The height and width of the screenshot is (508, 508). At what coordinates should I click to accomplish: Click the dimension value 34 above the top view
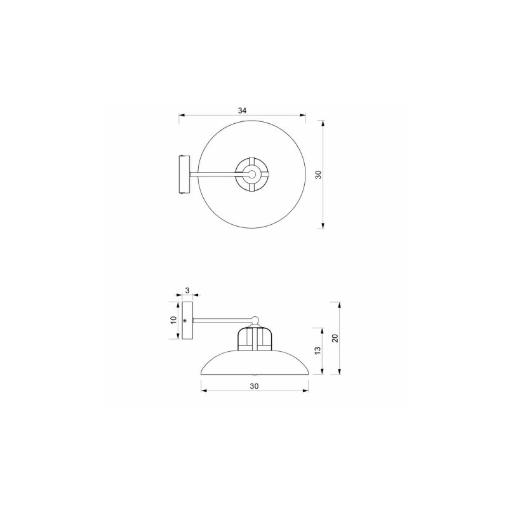[243, 110]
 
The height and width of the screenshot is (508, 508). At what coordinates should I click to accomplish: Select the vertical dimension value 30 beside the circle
[319, 175]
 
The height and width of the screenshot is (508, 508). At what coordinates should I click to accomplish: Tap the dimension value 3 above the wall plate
[187, 291]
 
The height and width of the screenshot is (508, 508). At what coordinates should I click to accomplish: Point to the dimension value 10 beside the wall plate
[173, 320]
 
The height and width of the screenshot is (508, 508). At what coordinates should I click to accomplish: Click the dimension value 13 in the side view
[318, 351]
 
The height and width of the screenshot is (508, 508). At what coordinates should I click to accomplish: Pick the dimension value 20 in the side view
[335, 338]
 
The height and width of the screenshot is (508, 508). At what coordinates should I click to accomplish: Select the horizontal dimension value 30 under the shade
[255, 386]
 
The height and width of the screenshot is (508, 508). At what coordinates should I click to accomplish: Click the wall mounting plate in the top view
[184, 175]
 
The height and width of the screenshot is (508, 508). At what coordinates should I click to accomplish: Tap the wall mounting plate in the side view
[187, 321]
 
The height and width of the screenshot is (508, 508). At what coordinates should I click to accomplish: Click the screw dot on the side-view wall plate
[185, 321]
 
